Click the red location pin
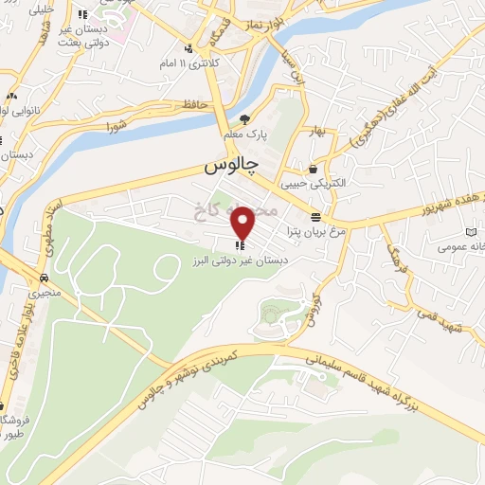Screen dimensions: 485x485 [x=244, y=223]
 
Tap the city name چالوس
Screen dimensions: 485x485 [x=230, y=167]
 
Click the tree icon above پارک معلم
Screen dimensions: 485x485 [x=246, y=119]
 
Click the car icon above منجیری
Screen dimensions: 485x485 [x=44, y=278]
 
